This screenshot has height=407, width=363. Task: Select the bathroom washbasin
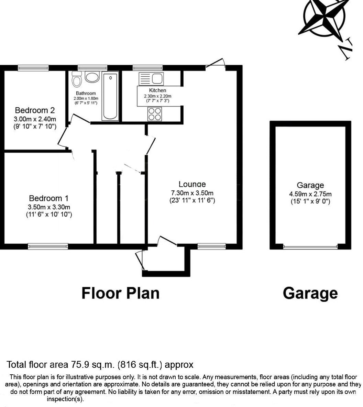(x=92, y=77)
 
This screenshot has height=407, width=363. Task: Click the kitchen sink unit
(x=151, y=79)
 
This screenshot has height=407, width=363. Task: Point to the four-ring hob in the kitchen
(x=154, y=114)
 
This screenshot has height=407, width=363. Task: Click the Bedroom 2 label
(x=35, y=110)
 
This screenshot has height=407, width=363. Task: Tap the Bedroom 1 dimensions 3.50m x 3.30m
(x=49, y=207)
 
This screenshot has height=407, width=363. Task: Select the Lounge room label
(x=192, y=184)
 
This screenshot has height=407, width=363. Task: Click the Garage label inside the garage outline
(x=310, y=186)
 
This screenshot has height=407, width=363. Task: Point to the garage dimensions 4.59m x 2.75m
(x=310, y=194)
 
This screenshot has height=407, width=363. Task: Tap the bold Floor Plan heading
(x=120, y=293)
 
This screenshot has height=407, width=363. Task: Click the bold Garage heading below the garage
(x=310, y=293)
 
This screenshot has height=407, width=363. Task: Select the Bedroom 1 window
(x=48, y=246)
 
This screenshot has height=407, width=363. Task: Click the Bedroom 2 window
(x=33, y=68)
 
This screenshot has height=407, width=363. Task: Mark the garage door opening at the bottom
(x=310, y=246)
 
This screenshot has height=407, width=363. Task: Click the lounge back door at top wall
(x=216, y=65)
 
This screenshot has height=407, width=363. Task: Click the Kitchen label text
(x=157, y=90)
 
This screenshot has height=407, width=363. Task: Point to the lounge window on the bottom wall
(x=212, y=246)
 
